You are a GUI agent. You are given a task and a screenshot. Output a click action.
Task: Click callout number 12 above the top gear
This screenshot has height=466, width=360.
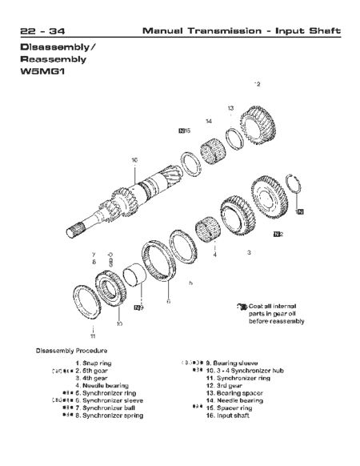tap(257, 83)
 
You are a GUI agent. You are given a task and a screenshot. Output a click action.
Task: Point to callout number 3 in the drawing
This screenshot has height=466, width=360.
tap(249, 253)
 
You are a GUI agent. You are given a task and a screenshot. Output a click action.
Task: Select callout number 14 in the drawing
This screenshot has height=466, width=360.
tap(208, 122)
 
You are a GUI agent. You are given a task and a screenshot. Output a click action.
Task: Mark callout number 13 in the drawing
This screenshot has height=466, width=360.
tap(230, 107)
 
